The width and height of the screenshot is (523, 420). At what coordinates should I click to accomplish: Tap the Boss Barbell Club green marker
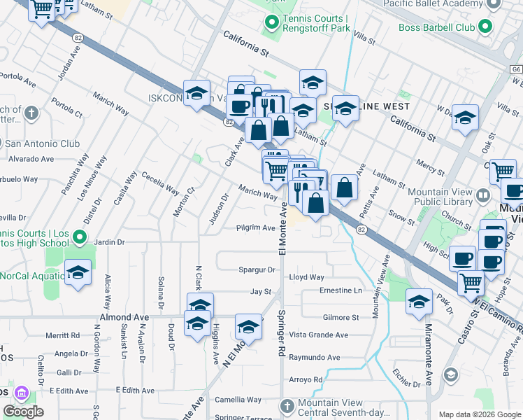click(x=484, y=28)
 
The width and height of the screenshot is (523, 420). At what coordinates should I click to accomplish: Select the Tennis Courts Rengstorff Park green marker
click(x=271, y=25)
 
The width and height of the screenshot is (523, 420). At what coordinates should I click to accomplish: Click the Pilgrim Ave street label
click(x=255, y=227)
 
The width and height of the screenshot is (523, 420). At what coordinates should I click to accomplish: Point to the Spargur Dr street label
click(x=257, y=269)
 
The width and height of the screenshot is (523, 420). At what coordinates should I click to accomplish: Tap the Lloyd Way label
click(x=307, y=277)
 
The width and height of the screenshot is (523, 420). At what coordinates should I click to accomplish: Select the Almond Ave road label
click(x=125, y=317)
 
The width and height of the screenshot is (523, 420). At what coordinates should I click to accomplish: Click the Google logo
click(x=24, y=412)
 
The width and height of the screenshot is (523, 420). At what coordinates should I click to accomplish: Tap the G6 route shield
click(x=516, y=70)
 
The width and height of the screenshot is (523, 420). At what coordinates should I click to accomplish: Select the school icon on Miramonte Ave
click(x=419, y=302)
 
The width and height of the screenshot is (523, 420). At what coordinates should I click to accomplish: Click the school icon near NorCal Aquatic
click(x=78, y=272)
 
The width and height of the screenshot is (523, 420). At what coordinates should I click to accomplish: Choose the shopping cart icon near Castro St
click(x=471, y=282)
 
